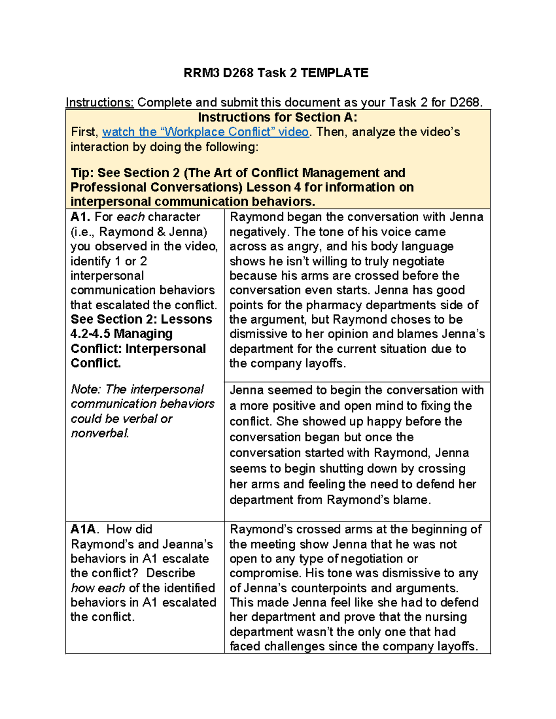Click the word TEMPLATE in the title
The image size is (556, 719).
334,73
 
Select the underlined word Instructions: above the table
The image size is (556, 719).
100,102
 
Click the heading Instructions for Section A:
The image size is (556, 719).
278,117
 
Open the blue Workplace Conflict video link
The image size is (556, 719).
205,132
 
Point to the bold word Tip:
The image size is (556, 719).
82,173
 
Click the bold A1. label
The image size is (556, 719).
81,217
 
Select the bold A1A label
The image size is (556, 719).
85,529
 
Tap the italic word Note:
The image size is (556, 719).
86,389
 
